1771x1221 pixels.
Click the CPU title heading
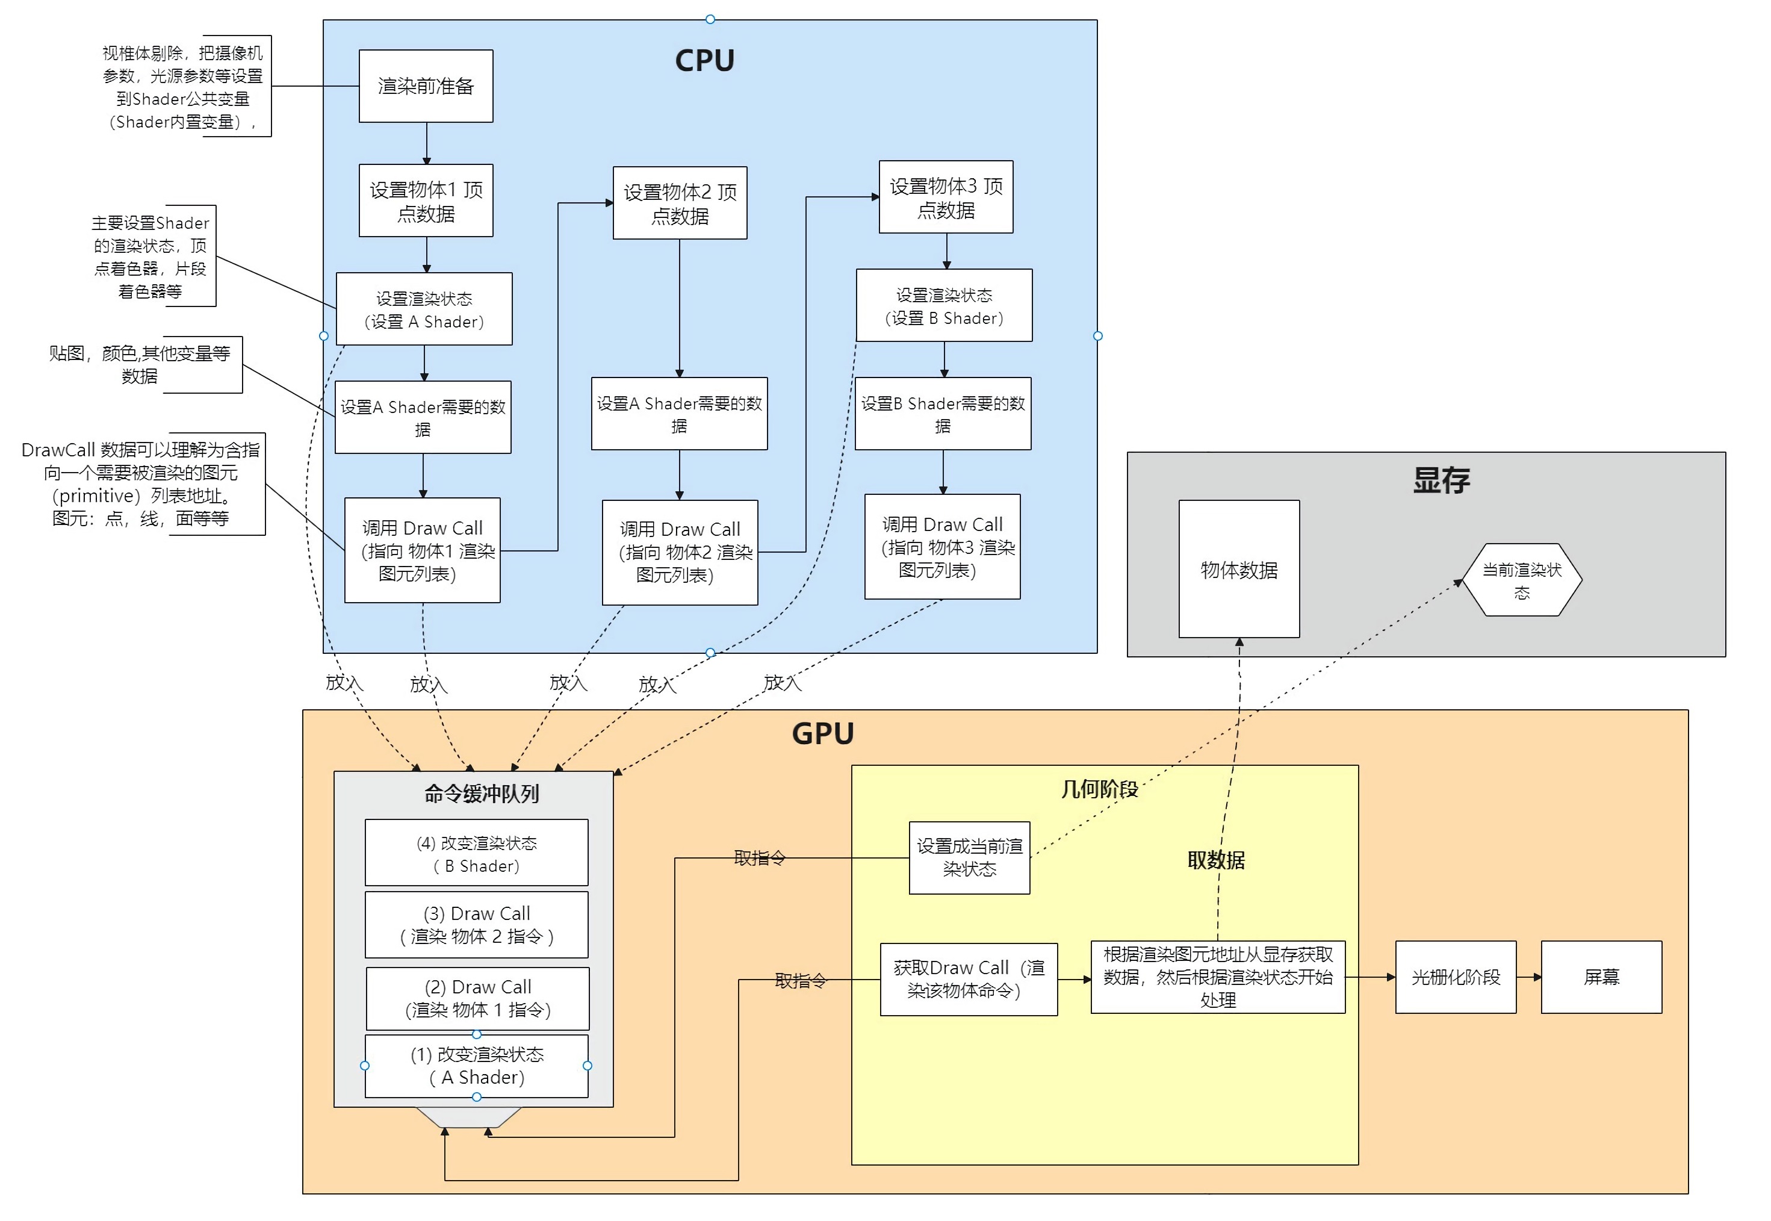coord(704,60)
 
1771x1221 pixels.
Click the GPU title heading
coord(822,734)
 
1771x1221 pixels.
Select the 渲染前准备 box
coord(426,85)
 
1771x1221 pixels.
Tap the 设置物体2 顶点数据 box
coord(680,203)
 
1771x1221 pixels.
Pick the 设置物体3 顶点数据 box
coord(946,197)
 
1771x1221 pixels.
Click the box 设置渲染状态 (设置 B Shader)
coord(944,306)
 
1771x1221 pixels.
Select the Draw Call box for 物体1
coord(423,551)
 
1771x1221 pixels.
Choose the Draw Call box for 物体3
coord(942,547)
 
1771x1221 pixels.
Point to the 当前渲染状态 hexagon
coord(1522,580)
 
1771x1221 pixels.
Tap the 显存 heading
coord(1441,480)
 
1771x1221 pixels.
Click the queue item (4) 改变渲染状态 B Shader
coord(476,854)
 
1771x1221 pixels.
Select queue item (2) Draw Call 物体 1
coord(478,998)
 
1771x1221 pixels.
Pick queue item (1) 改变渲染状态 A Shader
coord(476,1066)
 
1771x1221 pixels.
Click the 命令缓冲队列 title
coord(482,794)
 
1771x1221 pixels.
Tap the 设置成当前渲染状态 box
coord(969,857)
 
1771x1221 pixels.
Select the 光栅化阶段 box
coord(1455,977)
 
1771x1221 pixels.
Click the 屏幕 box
coord(1601,977)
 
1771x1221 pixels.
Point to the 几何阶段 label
coord(1099,789)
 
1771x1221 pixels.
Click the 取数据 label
coord(1216,860)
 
